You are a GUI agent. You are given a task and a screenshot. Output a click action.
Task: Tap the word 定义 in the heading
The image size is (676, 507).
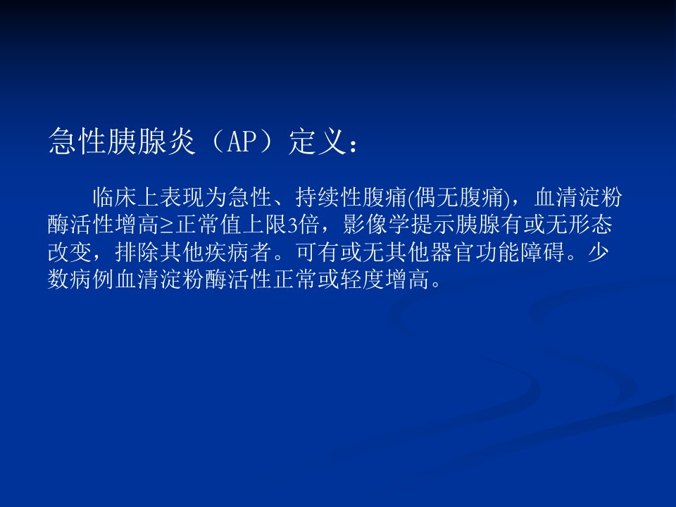pos(318,141)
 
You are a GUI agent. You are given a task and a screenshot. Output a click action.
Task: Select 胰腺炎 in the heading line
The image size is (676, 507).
pos(151,141)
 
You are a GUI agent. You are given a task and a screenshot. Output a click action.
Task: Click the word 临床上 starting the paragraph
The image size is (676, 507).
pos(126,198)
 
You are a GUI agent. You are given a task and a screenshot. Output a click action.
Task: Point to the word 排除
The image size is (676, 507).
pos(137,252)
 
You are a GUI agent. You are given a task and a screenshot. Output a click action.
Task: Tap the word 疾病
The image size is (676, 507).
pos(227,252)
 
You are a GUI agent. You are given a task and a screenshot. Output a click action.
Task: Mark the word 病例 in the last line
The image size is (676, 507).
pos(92,280)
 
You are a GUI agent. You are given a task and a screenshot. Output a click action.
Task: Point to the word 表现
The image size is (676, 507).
pos(182,198)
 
